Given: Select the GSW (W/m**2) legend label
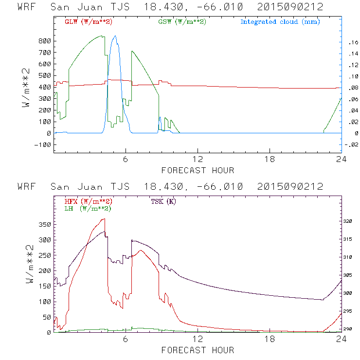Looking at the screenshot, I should click(x=182, y=22).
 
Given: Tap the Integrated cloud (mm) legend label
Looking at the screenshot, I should click(x=280, y=22).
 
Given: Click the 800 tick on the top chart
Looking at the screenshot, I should click(x=45, y=41).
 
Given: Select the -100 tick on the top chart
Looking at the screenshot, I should click(x=43, y=144).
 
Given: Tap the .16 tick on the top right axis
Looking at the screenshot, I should click(x=352, y=42).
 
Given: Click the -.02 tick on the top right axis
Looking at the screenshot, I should click(x=350, y=144).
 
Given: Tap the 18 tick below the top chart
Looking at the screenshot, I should click(x=270, y=160).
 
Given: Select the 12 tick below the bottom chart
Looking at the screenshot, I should click(x=198, y=340).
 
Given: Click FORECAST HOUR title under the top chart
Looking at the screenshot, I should click(x=197, y=170).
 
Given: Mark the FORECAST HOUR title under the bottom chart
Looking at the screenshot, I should click(x=197, y=350).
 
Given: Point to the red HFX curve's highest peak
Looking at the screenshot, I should click(x=104, y=219).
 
